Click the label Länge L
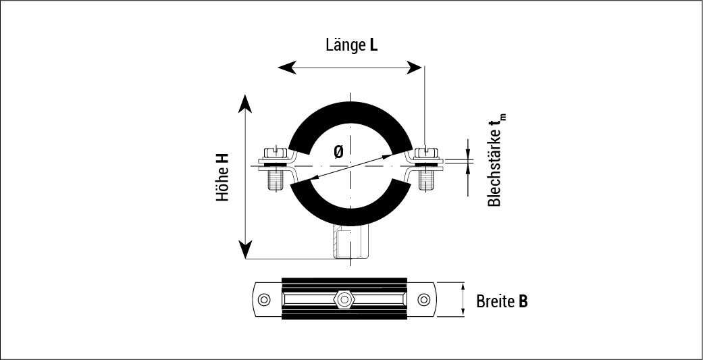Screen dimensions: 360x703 [351, 46]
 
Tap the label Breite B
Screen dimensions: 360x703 [501, 301]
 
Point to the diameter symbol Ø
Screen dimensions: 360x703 [338, 153]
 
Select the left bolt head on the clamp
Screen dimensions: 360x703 [274, 152]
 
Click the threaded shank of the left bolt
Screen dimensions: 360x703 [276, 179]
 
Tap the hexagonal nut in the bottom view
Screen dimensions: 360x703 [344, 299]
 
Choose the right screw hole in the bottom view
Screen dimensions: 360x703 [423, 299]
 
